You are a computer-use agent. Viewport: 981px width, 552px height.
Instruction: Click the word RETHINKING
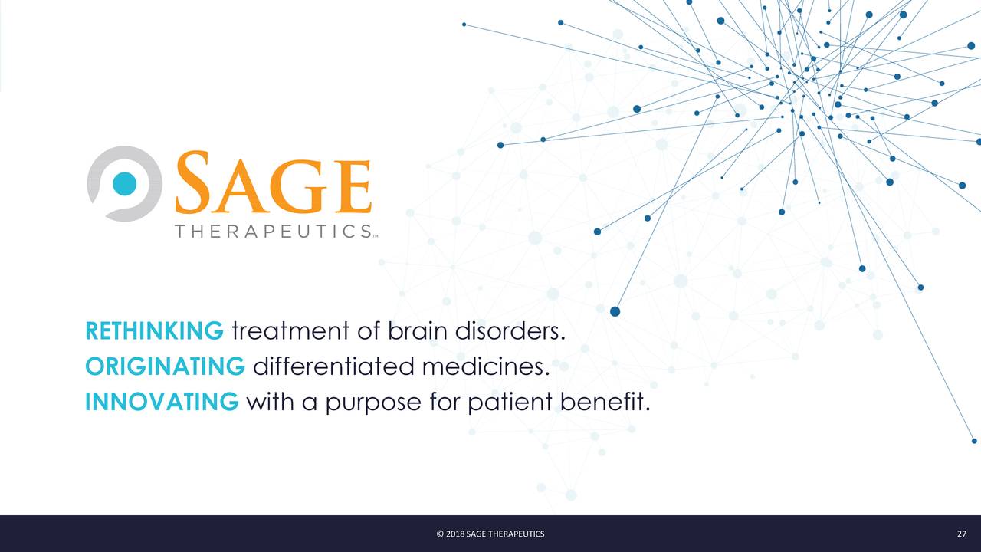[154, 331]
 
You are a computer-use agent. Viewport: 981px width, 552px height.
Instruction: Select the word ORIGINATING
[165, 366]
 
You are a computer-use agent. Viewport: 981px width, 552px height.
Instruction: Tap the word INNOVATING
[162, 402]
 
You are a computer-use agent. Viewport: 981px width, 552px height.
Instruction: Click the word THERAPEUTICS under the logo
[273, 231]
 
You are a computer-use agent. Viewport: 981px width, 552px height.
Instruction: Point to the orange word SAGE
[274, 184]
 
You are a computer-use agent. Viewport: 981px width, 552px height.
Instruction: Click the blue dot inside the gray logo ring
[124, 183]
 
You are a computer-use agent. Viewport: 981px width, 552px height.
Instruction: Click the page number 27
[961, 534]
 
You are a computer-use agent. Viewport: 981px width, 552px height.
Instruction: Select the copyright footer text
[490, 534]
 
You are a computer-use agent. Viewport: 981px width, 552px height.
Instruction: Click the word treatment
[290, 332]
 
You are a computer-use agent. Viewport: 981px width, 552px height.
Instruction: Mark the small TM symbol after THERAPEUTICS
[376, 236]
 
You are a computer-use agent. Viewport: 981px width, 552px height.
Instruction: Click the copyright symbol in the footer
[440, 534]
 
